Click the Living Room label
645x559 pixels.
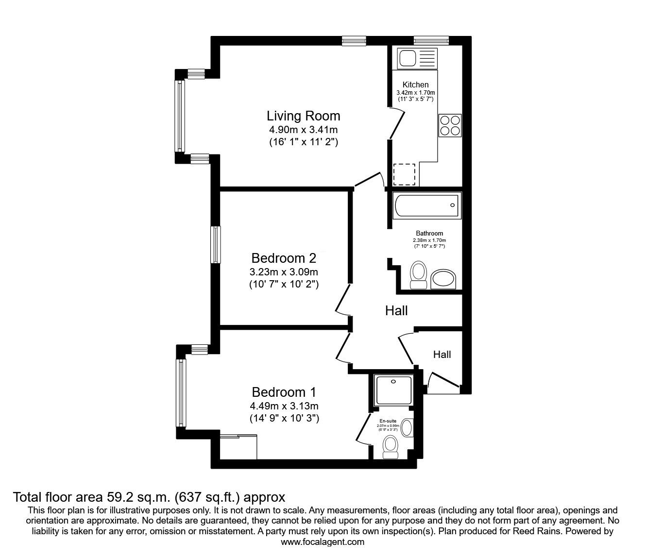click(303, 116)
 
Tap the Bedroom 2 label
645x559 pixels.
click(284, 258)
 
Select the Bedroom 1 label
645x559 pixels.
click(284, 392)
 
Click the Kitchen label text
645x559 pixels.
click(415, 85)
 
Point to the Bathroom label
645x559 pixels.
click(429, 233)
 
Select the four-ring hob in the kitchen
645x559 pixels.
click(450, 125)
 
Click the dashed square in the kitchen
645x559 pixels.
click(404, 175)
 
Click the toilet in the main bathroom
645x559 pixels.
click(418, 275)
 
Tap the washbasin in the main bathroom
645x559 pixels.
click(443, 279)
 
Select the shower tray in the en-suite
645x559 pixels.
click(394, 390)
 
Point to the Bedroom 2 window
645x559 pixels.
click(216, 244)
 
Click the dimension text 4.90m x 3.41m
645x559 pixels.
click(303, 130)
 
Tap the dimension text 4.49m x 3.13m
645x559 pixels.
click(284, 406)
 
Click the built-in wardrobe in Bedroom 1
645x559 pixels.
click(238, 447)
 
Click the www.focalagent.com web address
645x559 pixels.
click(322, 542)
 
